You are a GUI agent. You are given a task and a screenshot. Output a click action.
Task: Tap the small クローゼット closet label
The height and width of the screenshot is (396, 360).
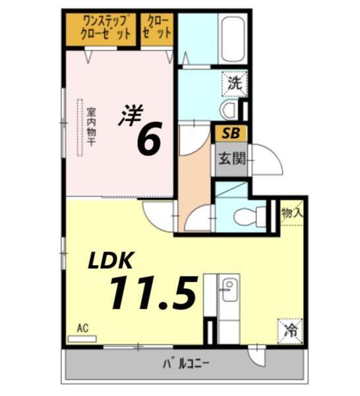pyautogui.click(x=158, y=28)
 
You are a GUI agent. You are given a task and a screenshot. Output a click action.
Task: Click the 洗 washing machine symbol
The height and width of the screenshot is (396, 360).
pyautogui.click(x=233, y=83)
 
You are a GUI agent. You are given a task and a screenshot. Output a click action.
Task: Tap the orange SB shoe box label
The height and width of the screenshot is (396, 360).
pyautogui.click(x=230, y=133)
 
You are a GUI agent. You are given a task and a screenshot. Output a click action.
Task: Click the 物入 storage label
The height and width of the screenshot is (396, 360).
pyautogui.click(x=291, y=213)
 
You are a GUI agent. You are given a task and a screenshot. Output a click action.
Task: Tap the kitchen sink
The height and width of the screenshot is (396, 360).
pyautogui.click(x=229, y=290)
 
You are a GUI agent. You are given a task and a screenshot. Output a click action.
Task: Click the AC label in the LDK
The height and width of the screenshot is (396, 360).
pyautogui.click(x=82, y=328)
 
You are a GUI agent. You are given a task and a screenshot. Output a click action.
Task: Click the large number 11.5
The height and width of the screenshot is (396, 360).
pyautogui.click(x=153, y=293)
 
